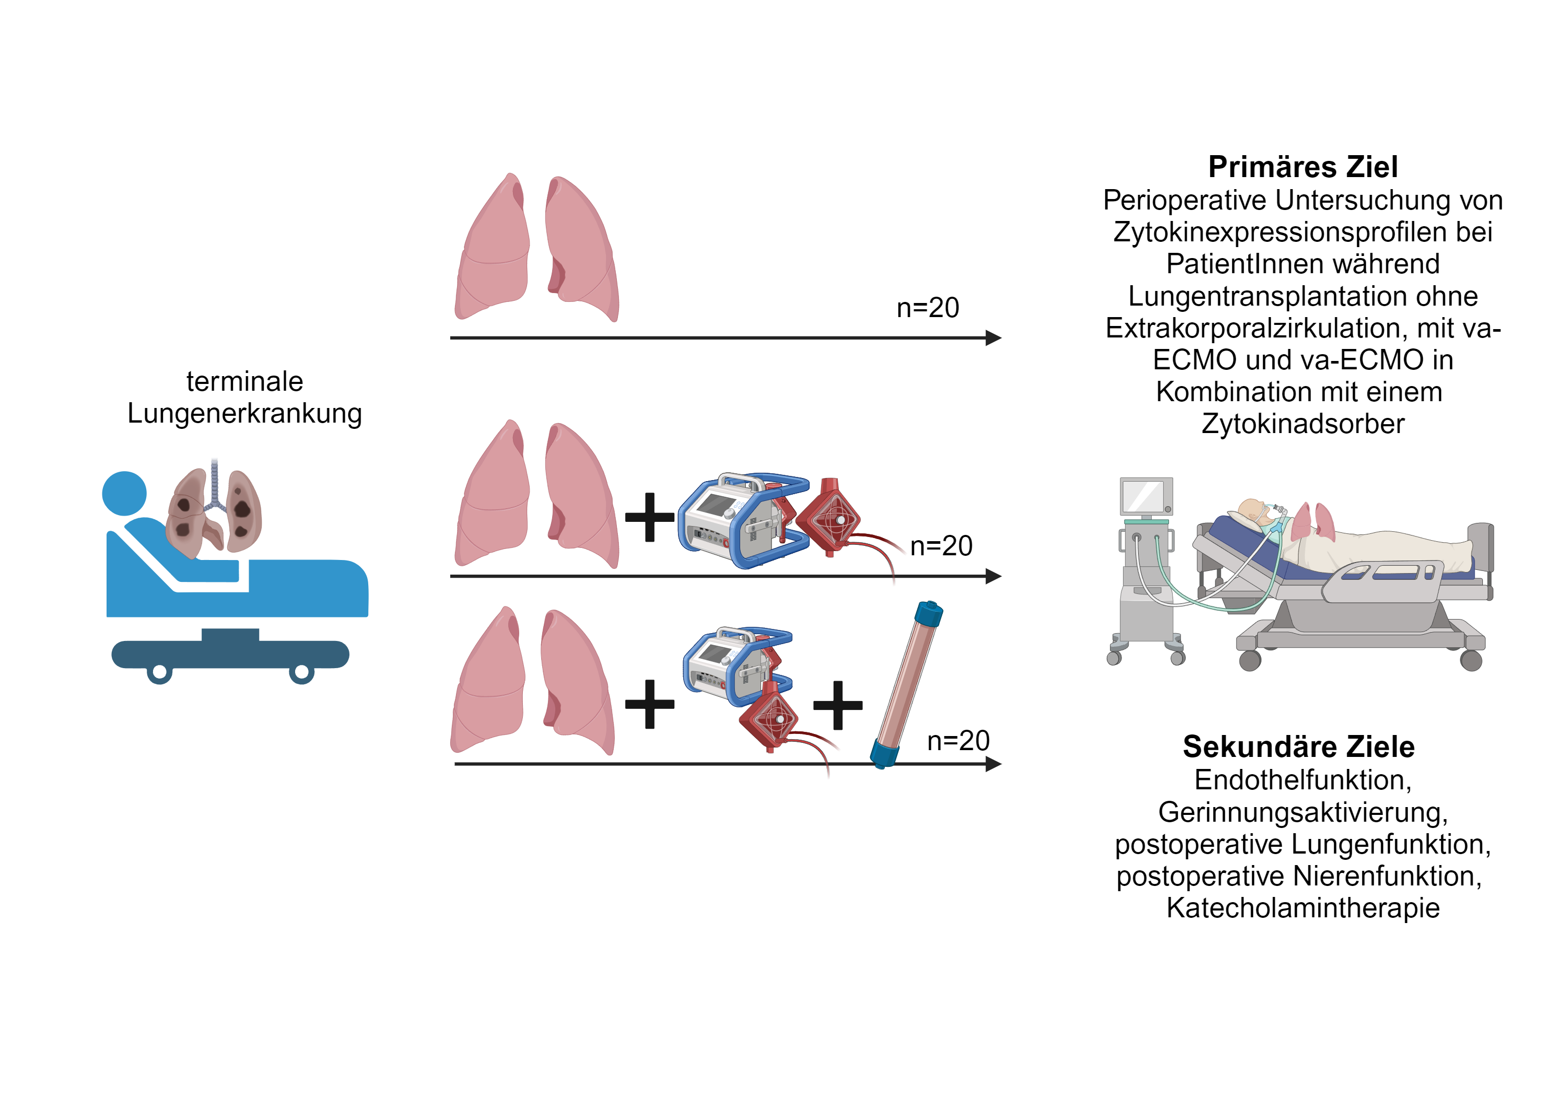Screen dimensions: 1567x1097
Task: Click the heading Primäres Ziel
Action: coord(1302,167)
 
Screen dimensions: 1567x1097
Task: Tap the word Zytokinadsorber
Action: coord(1303,424)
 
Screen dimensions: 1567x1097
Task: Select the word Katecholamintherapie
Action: coord(1303,908)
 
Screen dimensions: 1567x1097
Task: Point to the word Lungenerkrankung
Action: coord(244,414)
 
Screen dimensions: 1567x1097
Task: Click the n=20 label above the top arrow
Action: coord(928,308)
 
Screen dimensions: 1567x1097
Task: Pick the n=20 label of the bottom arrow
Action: coord(958,741)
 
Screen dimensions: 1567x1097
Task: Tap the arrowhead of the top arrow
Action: coord(993,338)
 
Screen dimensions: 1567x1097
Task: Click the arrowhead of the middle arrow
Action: coord(993,576)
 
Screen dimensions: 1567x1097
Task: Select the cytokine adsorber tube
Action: coord(906,685)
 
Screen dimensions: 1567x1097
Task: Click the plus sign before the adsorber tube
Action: coord(837,705)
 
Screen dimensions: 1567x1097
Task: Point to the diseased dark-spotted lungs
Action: coord(214,510)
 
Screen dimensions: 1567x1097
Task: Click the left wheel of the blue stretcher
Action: coord(160,673)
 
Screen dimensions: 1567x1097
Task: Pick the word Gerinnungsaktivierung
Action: coord(1303,812)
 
